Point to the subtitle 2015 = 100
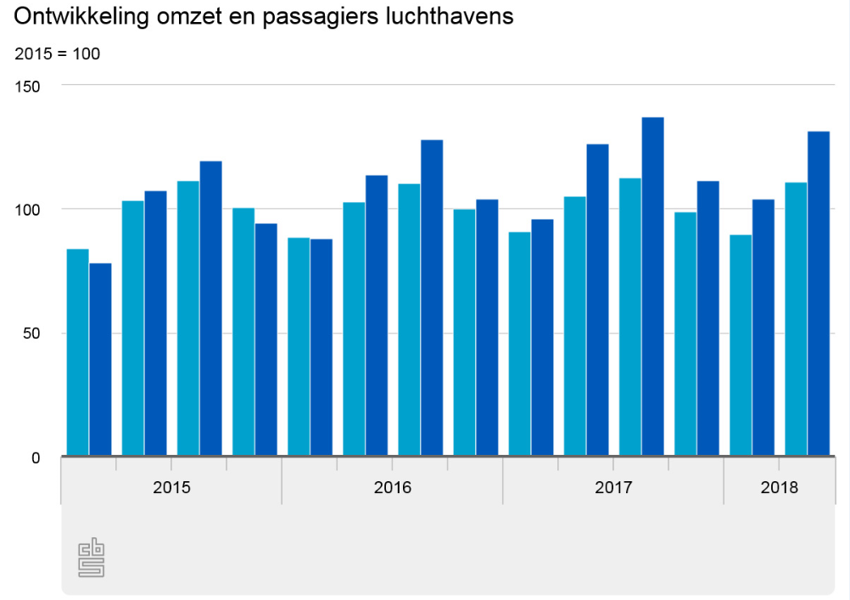point(58,54)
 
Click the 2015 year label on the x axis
point(171,488)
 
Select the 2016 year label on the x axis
point(392,488)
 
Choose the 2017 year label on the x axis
point(613,488)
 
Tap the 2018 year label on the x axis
point(779,488)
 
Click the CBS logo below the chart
point(91,558)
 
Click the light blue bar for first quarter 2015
point(77,352)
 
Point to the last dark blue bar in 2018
point(818,293)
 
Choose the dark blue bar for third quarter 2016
point(432,297)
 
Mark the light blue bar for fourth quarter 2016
point(464,332)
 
